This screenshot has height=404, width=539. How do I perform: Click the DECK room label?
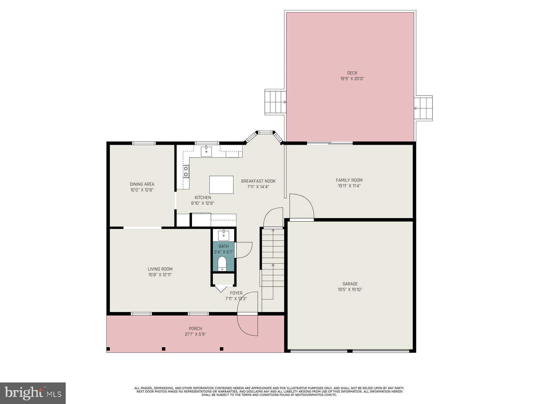tap(352, 73)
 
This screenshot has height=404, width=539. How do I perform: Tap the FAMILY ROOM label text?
tap(349, 180)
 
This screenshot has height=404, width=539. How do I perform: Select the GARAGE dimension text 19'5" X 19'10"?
tap(350, 290)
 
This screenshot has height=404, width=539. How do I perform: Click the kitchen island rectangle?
tap(221, 184)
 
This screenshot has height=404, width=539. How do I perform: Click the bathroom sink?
tap(223, 234)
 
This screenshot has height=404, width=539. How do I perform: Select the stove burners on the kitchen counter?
tap(186, 171)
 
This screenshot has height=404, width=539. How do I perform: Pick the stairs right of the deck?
tap(424, 108)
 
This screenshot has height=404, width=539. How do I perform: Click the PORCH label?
tap(195, 329)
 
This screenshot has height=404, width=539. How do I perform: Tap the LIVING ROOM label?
tap(160, 269)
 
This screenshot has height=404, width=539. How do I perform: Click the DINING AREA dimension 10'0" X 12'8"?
tap(142, 190)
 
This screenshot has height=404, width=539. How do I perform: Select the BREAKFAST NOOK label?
tap(258, 181)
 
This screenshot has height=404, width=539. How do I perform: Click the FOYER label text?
tap(236, 293)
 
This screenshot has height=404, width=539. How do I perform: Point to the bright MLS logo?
tap(33, 393)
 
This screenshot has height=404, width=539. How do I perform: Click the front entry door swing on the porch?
tap(248, 325)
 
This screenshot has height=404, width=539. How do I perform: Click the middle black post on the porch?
tap(164, 349)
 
